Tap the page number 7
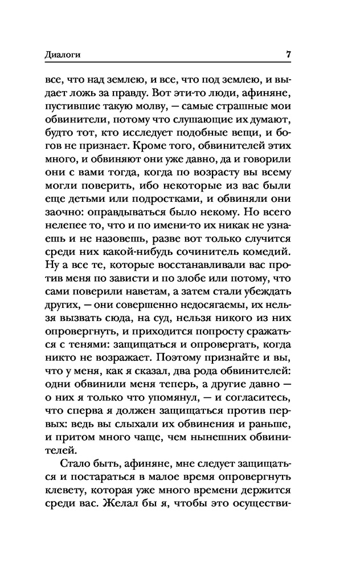(x=289, y=55)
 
